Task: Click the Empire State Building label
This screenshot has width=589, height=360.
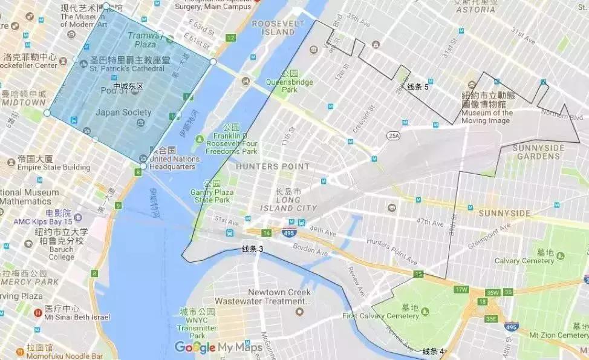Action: (x=53, y=167)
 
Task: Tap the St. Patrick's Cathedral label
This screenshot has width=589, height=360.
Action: (x=126, y=68)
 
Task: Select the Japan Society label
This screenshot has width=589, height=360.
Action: (x=123, y=113)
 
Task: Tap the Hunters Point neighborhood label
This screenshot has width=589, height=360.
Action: (x=265, y=166)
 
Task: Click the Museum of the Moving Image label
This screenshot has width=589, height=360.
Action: (x=487, y=116)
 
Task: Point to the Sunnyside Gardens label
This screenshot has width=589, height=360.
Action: (x=538, y=152)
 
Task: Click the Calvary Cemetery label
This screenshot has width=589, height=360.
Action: (x=524, y=261)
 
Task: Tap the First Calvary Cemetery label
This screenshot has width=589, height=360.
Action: (x=380, y=316)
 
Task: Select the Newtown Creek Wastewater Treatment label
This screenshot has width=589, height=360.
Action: (x=279, y=296)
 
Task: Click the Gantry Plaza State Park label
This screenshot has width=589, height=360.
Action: (x=212, y=195)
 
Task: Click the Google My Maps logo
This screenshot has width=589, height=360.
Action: (x=218, y=347)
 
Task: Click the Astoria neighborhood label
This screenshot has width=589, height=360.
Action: (x=476, y=10)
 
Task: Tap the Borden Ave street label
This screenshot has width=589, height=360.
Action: (x=310, y=247)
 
